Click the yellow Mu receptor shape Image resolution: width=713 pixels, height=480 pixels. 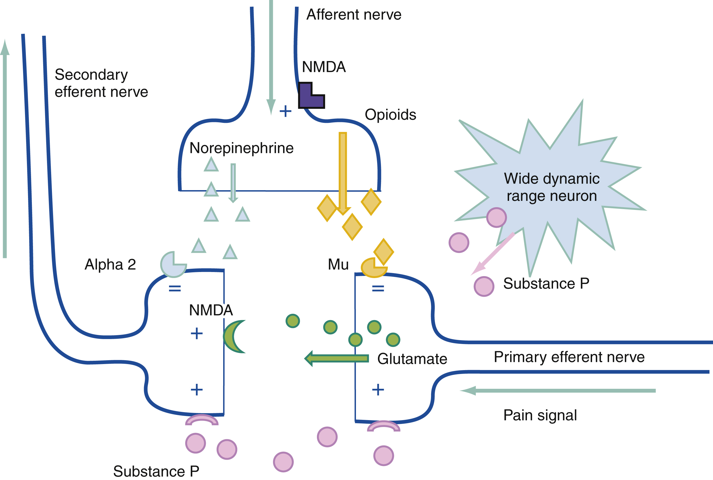click(372, 268)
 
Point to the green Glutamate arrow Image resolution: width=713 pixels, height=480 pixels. click(337, 358)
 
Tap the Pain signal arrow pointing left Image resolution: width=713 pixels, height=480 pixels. click(557, 391)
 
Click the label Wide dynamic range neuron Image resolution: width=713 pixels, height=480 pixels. click(551, 187)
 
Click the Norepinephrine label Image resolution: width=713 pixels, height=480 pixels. click(241, 148)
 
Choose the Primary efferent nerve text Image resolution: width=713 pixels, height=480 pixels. click(569, 357)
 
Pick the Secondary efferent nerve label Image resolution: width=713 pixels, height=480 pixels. click(101, 83)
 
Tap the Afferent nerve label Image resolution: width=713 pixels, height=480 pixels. click(354, 15)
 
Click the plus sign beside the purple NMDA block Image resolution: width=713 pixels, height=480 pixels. click(285, 111)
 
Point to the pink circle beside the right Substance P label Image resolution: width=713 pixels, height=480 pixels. click(484, 287)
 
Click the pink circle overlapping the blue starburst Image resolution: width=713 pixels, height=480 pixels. click(496, 217)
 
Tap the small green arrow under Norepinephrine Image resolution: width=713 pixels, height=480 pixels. click(233, 183)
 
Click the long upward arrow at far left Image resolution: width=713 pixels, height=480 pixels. click(5, 150)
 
